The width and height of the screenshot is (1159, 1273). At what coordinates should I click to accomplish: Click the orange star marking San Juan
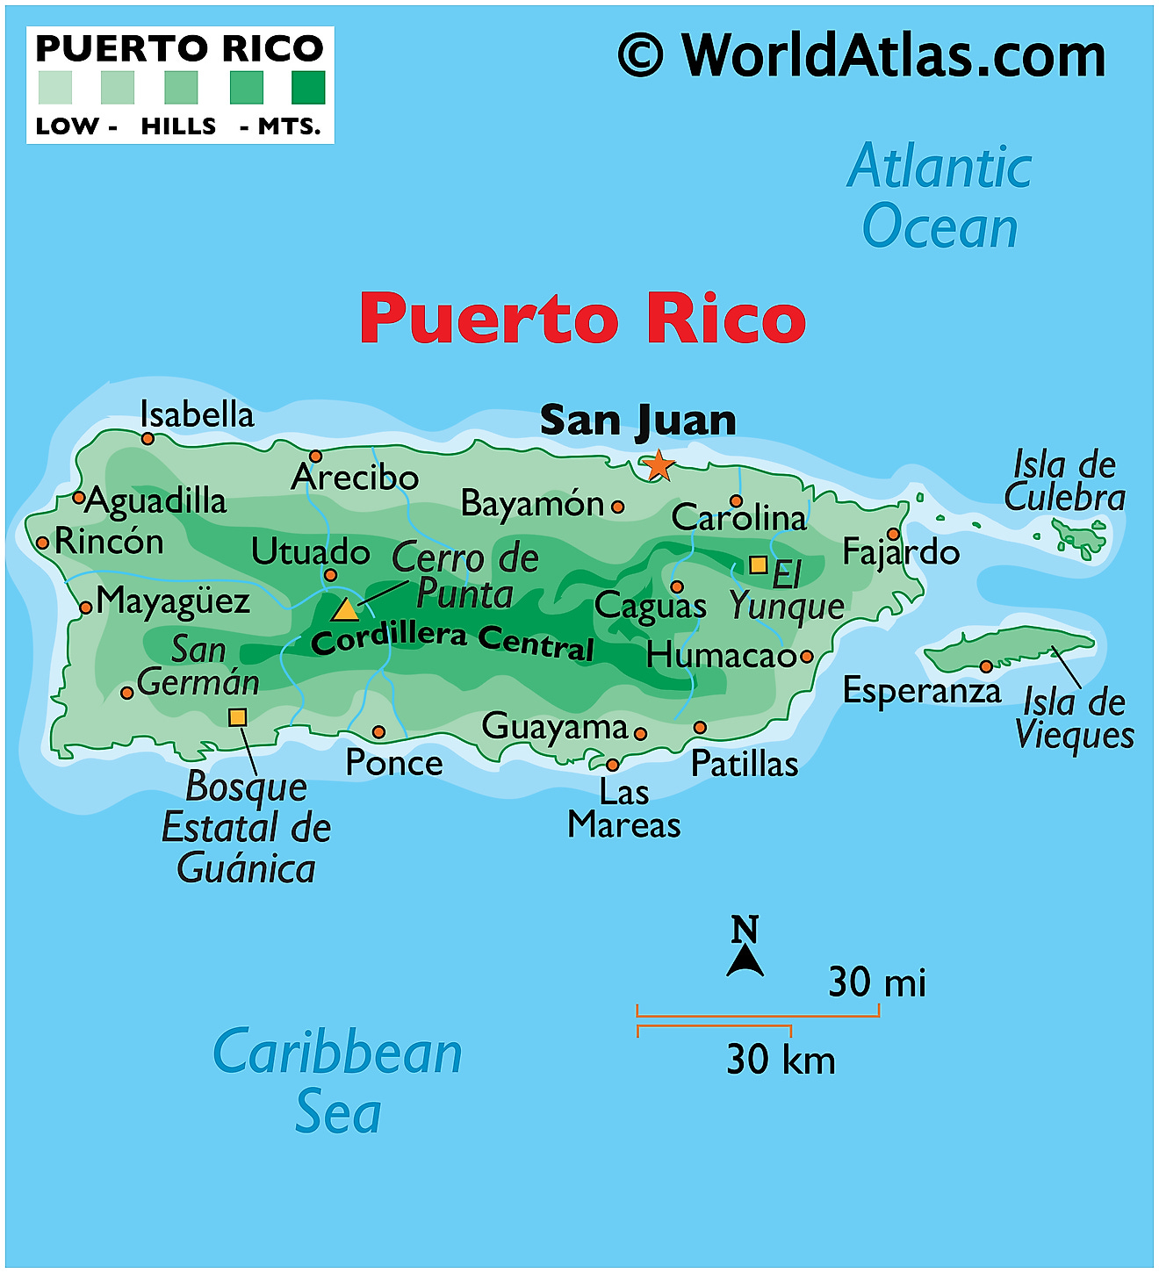pyautogui.click(x=658, y=465)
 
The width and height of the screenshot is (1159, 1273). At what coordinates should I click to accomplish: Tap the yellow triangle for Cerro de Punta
pyautogui.click(x=345, y=609)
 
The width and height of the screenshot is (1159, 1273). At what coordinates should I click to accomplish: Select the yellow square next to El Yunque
pyautogui.click(x=758, y=565)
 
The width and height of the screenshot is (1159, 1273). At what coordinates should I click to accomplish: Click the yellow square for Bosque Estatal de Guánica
pyautogui.click(x=237, y=717)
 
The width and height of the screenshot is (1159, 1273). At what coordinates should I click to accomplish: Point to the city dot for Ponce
pyautogui.click(x=378, y=732)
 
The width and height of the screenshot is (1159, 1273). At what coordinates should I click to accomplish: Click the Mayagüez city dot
pyautogui.click(x=86, y=608)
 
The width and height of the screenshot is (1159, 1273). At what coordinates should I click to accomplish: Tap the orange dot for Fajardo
pyautogui.click(x=893, y=534)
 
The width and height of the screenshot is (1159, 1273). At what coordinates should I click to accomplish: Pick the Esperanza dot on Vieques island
pyautogui.click(x=986, y=666)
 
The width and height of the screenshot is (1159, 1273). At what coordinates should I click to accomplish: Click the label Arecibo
pyautogui.click(x=355, y=478)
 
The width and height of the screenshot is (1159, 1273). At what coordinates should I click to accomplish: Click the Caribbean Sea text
pyautogui.click(x=338, y=1081)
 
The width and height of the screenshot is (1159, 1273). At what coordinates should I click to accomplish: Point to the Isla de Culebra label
pyautogui.click(x=1064, y=481)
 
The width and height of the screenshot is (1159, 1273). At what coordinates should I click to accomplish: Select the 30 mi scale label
pyautogui.click(x=877, y=982)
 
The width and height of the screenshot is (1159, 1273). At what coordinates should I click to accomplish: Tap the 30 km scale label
pyautogui.click(x=781, y=1060)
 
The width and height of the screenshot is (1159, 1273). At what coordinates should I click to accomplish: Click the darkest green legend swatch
pyautogui.click(x=308, y=88)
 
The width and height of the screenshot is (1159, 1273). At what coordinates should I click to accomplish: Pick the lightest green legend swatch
pyautogui.click(x=55, y=88)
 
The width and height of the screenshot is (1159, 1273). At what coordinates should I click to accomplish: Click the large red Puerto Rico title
pyautogui.click(x=582, y=318)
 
